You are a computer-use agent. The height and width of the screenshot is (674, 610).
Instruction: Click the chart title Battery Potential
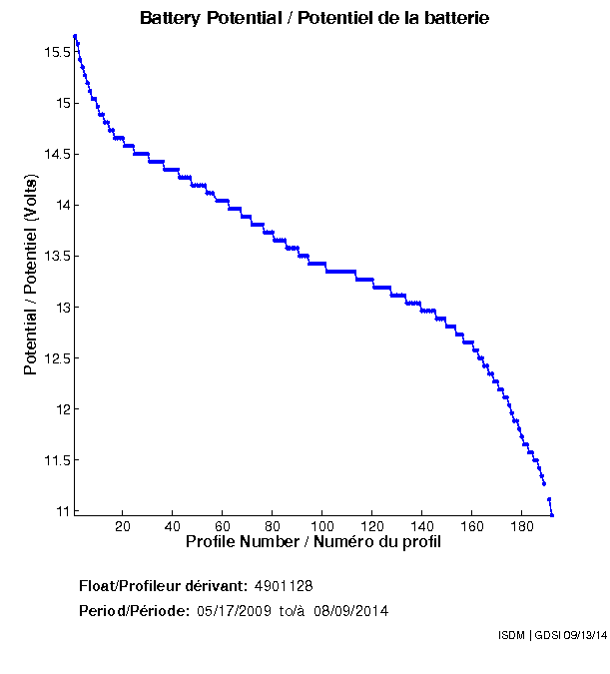(x=314, y=18)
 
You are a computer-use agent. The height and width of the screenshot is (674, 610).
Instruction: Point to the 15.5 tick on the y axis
(x=54, y=52)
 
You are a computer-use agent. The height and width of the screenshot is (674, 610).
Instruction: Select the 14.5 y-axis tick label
(x=54, y=154)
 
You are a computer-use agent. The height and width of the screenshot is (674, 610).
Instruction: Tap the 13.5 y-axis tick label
(x=54, y=256)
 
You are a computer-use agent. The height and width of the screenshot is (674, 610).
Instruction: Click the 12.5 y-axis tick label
(x=54, y=358)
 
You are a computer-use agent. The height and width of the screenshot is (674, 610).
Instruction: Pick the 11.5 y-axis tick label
(x=54, y=460)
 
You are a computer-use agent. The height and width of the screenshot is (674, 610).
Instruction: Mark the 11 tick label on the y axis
(x=61, y=511)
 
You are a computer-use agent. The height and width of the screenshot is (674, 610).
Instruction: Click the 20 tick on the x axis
(x=123, y=526)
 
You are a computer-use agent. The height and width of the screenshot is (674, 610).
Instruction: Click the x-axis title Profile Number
(x=313, y=542)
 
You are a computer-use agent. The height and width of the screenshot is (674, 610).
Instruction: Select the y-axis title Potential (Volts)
(x=31, y=276)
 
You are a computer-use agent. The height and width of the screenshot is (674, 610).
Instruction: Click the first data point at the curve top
(x=75, y=36)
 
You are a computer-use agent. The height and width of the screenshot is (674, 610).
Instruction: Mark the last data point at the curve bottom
(x=551, y=514)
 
